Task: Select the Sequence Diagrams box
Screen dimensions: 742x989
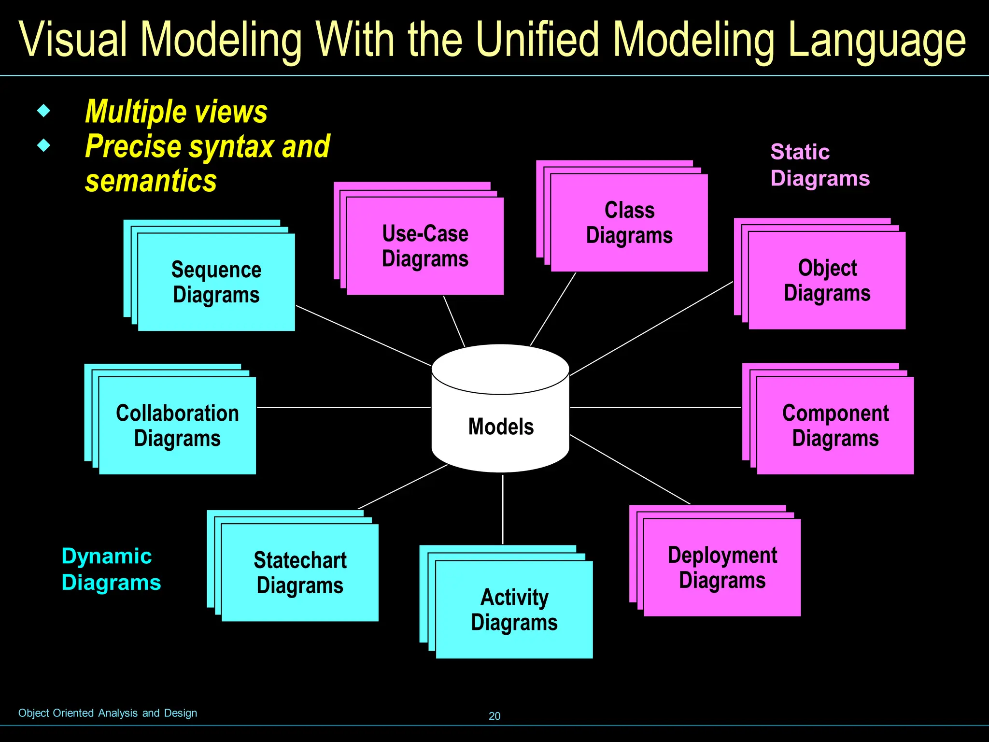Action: (216, 282)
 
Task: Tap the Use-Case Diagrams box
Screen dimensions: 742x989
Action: (425, 246)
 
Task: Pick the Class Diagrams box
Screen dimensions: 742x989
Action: (629, 223)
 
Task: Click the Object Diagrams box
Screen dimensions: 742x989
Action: (827, 280)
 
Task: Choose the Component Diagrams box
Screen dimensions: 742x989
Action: (835, 426)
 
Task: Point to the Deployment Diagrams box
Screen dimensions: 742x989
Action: (722, 568)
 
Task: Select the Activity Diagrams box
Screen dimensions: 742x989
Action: (514, 610)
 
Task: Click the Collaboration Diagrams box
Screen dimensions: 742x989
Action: (177, 426)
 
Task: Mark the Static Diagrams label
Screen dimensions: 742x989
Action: (820, 165)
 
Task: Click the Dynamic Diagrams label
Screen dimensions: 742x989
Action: (111, 569)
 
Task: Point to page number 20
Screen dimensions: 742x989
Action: (494, 716)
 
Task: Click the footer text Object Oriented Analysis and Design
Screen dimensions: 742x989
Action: (108, 713)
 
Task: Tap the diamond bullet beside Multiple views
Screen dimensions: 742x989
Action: (44, 111)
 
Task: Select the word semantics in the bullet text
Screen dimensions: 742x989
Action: (151, 181)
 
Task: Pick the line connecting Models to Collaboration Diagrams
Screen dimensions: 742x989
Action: (343, 408)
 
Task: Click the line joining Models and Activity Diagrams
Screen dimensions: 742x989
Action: (503, 510)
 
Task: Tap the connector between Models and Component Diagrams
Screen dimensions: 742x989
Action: (655, 408)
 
